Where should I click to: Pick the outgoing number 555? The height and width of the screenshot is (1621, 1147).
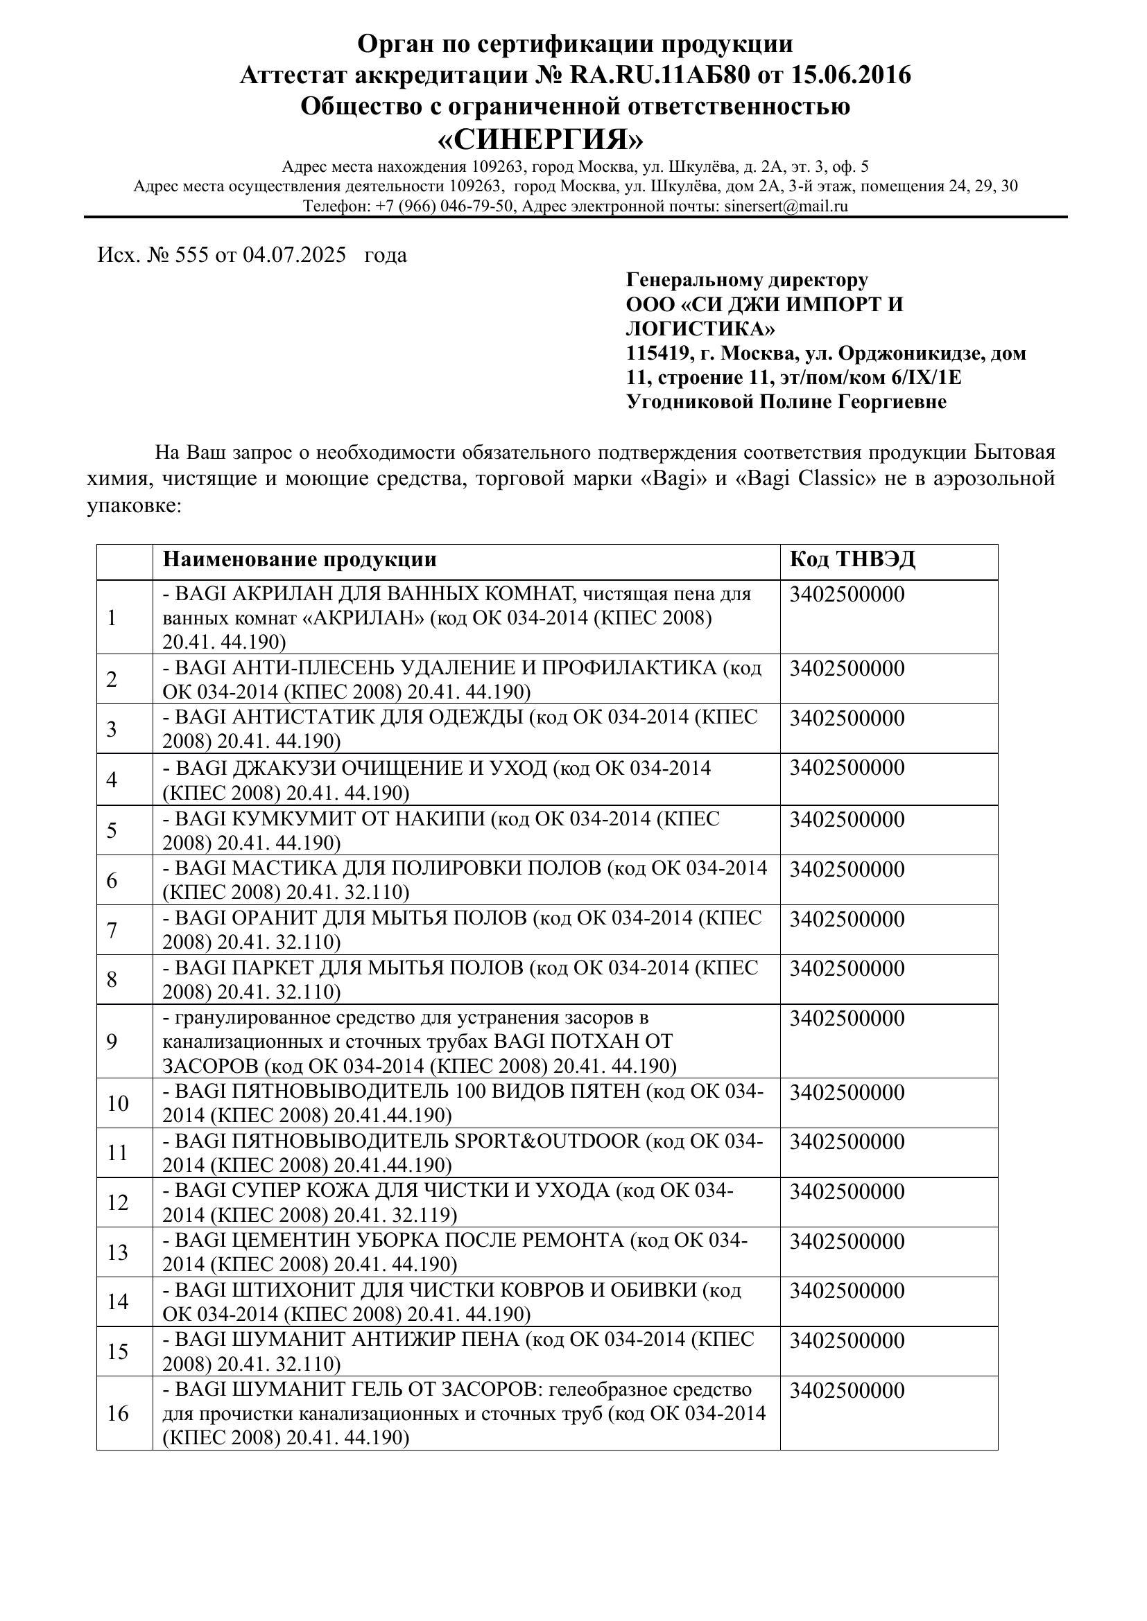pos(191,255)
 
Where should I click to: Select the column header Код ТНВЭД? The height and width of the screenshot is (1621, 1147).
pos(852,560)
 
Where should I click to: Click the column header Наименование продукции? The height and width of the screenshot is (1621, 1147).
pos(300,560)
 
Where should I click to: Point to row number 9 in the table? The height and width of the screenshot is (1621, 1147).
pos(112,1042)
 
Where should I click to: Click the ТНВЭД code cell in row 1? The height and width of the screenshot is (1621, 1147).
pos(847,595)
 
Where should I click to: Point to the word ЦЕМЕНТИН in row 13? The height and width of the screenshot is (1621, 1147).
pos(292,1241)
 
